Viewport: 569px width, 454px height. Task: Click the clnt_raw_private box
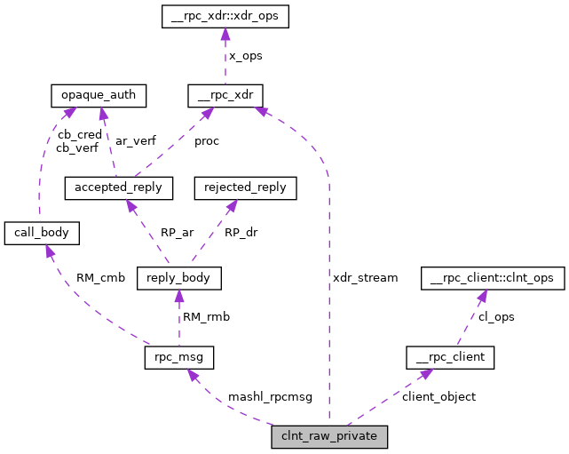pyautogui.click(x=329, y=437)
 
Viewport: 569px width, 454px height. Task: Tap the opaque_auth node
pyautogui.click(x=99, y=95)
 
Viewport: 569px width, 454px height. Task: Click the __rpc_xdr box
pyautogui.click(x=225, y=95)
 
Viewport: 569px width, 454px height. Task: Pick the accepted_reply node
pyautogui.click(x=119, y=188)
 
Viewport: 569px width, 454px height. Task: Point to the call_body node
pyautogui.click(x=43, y=234)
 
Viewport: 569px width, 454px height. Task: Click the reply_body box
pyautogui.click(x=178, y=278)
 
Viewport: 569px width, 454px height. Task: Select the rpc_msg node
pyautogui.click(x=178, y=358)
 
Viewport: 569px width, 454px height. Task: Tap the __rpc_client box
pyautogui.click(x=449, y=358)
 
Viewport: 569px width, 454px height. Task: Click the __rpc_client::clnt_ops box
pyautogui.click(x=491, y=278)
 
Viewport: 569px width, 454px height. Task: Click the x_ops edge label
pyautogui.click(x=245, y=55)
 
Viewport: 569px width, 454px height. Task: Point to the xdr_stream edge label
pyautogui.click(x=365, y=278)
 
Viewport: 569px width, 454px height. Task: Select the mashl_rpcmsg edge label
pyautogui.click(x=270, y=397)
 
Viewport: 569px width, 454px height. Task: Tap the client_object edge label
pyautogui.click(x=439, y=397)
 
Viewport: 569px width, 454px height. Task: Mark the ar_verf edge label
pyautogui.click(x=134, y=141)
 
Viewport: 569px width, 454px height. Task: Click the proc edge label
pyautogui.click(x=206, y=141)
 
